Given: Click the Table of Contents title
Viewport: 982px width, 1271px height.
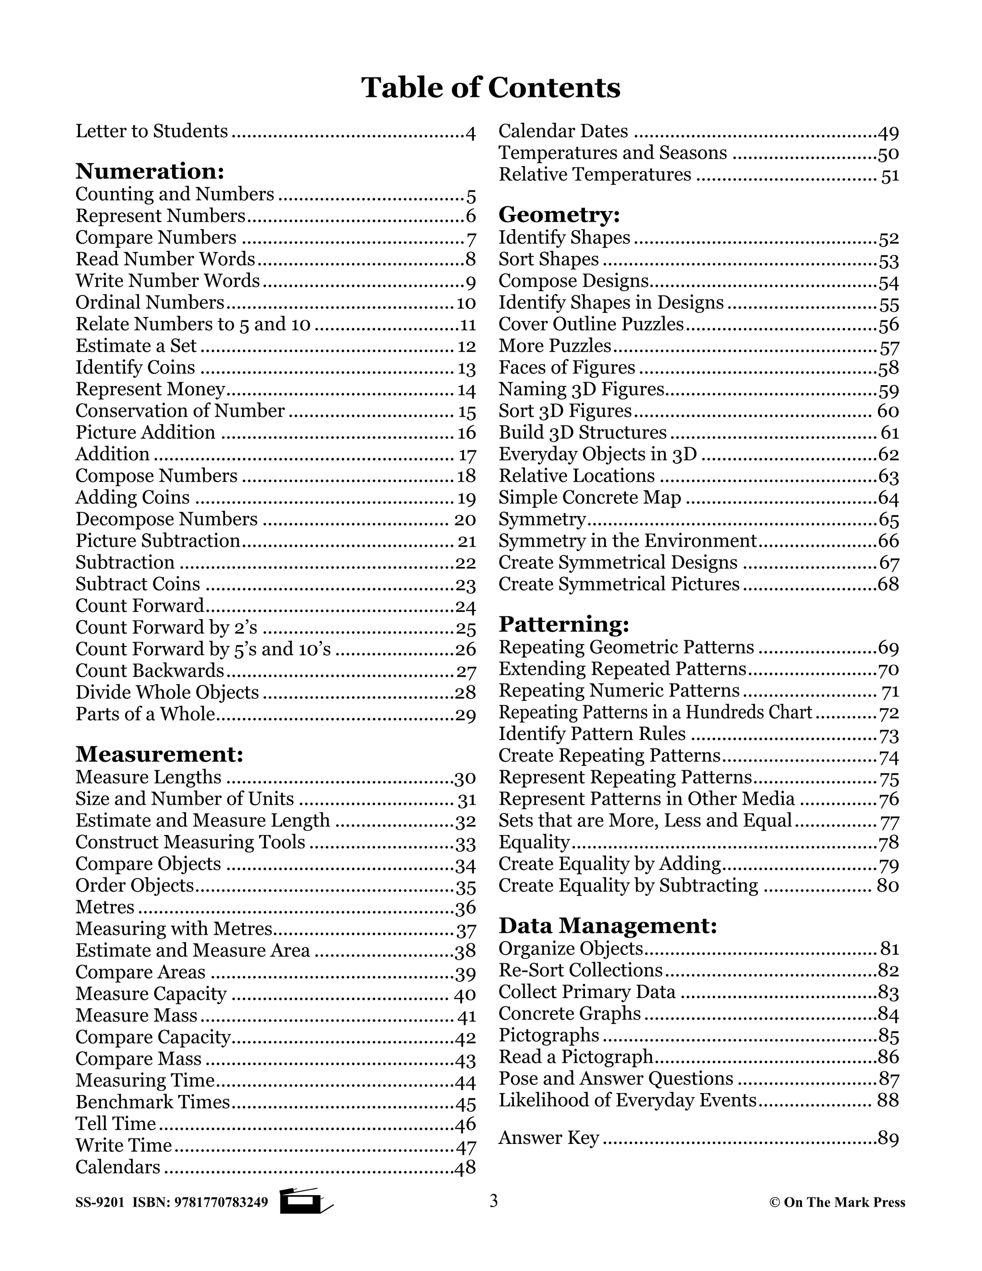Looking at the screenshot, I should click(491, 88).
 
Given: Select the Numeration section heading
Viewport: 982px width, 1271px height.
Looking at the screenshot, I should click(150, 171).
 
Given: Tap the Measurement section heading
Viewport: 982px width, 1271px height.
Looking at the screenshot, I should click(159, 754).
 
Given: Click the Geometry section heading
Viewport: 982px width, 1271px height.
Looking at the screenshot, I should click(559, 215).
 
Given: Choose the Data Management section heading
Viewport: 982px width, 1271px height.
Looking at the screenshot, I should click(608, 925).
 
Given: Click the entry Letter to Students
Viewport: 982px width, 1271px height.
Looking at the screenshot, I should click(152, 131).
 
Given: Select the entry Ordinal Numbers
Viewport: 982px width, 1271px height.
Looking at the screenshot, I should click(150, 303).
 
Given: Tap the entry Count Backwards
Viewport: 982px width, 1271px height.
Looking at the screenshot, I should click(150, 671).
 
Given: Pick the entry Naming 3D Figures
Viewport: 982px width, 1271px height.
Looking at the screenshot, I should click(581, 389).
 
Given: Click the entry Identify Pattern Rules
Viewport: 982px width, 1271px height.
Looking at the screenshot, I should click(592, 734).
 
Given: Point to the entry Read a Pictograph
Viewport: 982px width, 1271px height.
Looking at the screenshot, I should click(576, 1056).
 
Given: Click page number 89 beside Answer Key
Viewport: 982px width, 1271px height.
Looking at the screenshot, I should click(888, 1138).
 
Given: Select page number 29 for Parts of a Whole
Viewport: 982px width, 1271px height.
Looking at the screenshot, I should click(466, 715).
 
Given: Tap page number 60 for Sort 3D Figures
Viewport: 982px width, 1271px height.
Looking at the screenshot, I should click(888, 411).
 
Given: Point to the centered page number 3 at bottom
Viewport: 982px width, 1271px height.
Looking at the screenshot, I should click(493, 1201).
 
